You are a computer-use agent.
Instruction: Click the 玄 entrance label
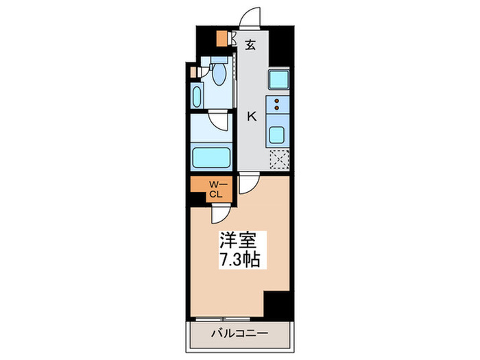(x=251, y=46)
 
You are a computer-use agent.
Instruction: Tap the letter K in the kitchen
(x=252, y=117)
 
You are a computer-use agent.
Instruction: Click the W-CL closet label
(x=215, y=189)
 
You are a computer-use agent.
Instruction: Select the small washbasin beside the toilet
(x=197, y=95)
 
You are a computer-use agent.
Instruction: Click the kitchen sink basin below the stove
(x=278, y=133)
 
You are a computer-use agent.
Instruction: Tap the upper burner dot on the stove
(x=278, y=101)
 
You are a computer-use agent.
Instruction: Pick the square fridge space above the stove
(x=278, y=80)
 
